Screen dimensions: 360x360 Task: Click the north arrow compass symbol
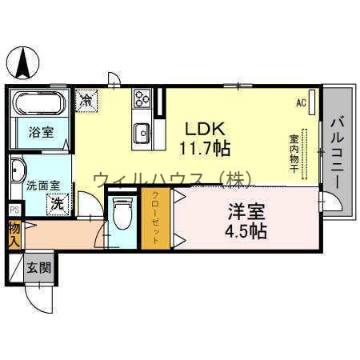click(23, 62)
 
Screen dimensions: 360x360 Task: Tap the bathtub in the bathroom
click(40, 103)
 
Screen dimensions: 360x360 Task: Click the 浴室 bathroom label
click(41, 132)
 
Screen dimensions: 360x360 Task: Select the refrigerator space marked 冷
click(86, 101)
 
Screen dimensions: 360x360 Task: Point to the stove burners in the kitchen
click(142, 98)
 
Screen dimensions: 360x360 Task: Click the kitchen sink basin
click(142, 133)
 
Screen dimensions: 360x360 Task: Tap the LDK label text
click(205, 129)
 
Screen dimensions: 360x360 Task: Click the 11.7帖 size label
click(205, 148)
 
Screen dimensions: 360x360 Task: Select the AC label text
click(301, 102)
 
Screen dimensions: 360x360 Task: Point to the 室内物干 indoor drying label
click(294, 154)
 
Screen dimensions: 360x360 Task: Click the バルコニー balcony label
click(338, 153)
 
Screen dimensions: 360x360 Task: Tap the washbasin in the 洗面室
click(18, 170)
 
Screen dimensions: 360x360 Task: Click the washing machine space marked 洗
click(58, 205)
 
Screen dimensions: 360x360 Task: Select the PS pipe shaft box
click(15, 210)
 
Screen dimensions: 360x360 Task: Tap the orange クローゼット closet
click(156, 218)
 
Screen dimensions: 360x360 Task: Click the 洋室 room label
click(246, 212)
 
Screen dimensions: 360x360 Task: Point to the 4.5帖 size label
click(246, 231)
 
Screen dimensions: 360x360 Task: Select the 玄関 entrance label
click(39, 268)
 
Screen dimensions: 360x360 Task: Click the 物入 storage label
click(14, 234)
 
